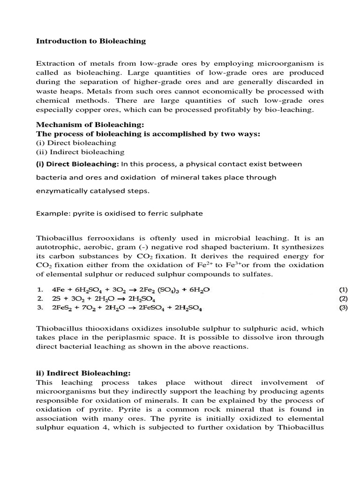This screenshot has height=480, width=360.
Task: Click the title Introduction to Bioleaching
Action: coord(91,41)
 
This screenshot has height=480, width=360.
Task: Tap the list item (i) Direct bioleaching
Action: coord(76,142)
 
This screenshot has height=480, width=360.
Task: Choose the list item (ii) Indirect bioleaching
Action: coord(80,152)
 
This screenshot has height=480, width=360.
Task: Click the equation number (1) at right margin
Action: coord(344,289)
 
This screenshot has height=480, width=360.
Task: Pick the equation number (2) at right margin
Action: coord(344,299)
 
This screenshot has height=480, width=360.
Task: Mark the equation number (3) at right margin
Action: coord(344,308)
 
